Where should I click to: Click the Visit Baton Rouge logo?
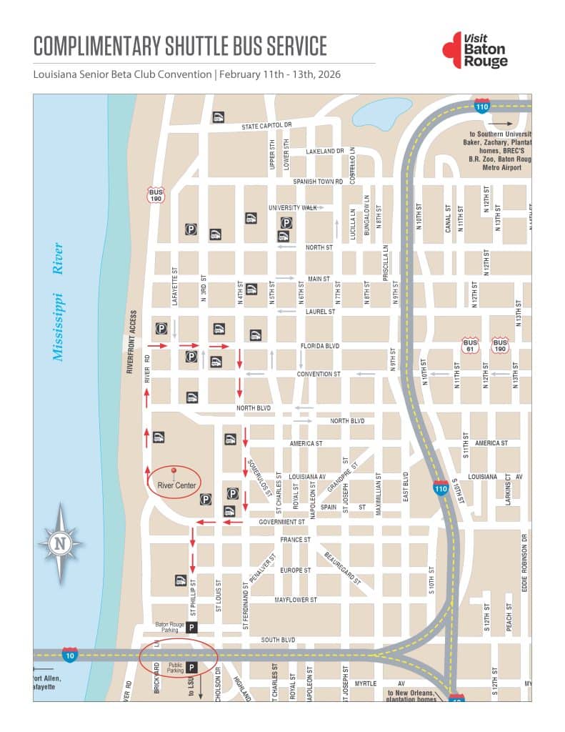(x=475, y=49)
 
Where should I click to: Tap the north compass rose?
(x=61, y=544)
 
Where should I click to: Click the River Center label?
(x=176, y=485)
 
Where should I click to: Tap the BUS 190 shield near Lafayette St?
(x=156, y=194)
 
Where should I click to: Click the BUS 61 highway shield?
(x=470, y=346)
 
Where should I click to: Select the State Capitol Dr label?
(x=266, y=126)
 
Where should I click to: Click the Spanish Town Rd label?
(x=318, y=182)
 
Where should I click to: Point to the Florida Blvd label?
(x=320, y=345)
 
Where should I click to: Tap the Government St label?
(x=282, y=522)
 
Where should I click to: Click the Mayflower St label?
(x=296, y=600)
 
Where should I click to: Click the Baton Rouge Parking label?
(x=170, y=627)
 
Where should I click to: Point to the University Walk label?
(x=292, y=207)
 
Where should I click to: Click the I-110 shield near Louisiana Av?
(x=441, y=488)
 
